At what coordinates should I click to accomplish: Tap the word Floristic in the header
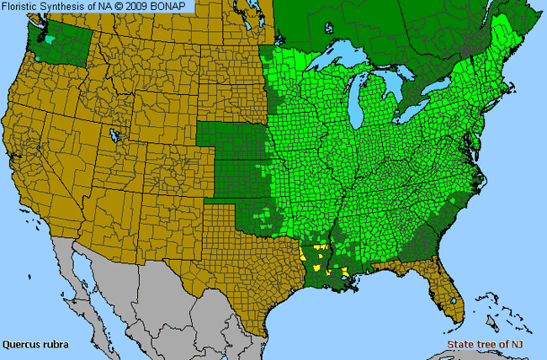(23, 7)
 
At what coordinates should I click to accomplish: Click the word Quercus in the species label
(20, 344)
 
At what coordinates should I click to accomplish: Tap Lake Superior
(341, 61)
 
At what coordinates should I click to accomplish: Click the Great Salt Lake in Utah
(114, 135)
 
